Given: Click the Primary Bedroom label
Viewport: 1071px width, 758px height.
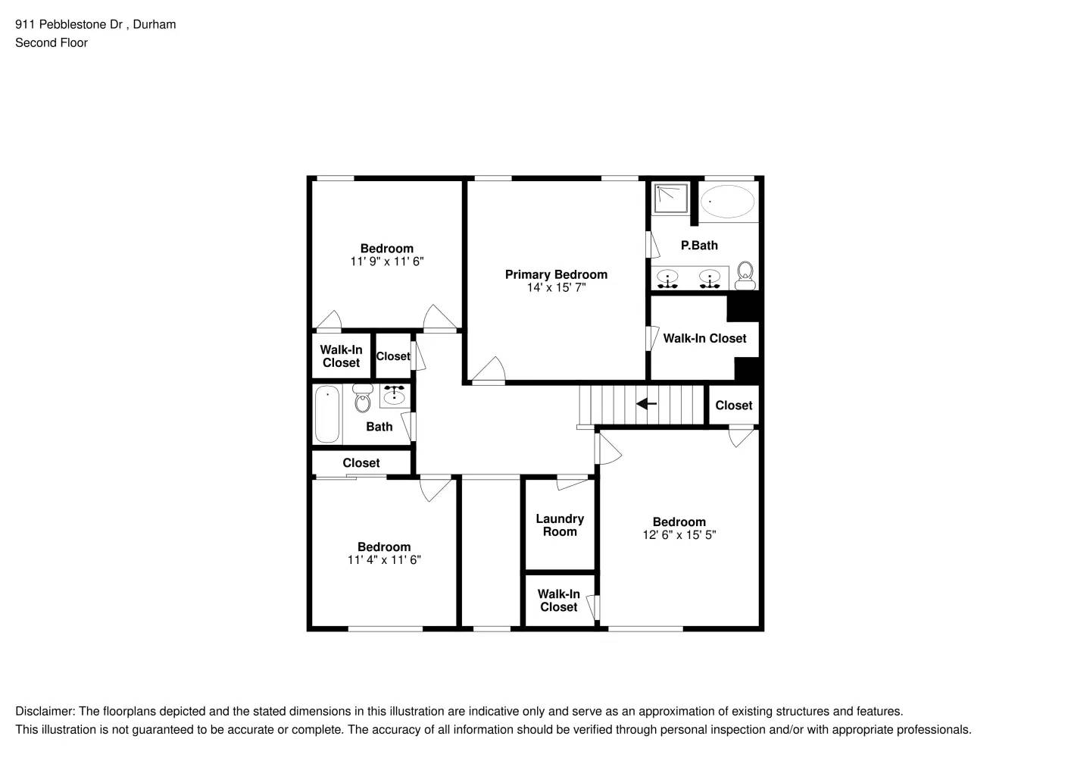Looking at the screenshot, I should tap(556, 274).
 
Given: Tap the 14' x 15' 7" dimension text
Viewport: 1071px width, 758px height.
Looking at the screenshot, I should tap(556, 288).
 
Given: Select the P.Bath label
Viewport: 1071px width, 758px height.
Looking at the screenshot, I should tap(699, 246).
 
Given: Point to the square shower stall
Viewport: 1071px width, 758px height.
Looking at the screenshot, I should tap(671, 199).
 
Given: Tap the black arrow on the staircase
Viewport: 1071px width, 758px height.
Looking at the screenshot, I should tap(646, 404).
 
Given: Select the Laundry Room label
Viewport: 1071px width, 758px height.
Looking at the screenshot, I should tap(560, 525).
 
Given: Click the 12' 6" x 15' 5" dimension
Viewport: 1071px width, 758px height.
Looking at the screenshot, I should tap(679, 535).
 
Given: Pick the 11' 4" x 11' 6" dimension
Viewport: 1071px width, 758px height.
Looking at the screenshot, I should tap(384, 560).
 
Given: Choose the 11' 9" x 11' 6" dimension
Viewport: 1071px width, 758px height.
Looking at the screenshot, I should tap(386, 262).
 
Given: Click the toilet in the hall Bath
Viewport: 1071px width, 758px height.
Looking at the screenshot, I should tap(363, 399).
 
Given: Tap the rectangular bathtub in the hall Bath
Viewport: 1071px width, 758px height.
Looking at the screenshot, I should tap(327, 414).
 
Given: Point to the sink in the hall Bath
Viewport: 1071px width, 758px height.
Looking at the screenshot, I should tap(394, 395).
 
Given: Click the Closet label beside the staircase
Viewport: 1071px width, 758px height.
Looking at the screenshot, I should tap(734, 406).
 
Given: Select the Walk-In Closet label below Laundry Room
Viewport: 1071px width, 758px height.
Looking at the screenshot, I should tap(559, 600).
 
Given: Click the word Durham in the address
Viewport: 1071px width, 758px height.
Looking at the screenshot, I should tap(155, 24).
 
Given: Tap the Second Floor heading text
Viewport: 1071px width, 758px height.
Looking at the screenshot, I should tap(52, 42).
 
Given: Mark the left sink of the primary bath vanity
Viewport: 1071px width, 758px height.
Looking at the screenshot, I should tap(667, 277).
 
